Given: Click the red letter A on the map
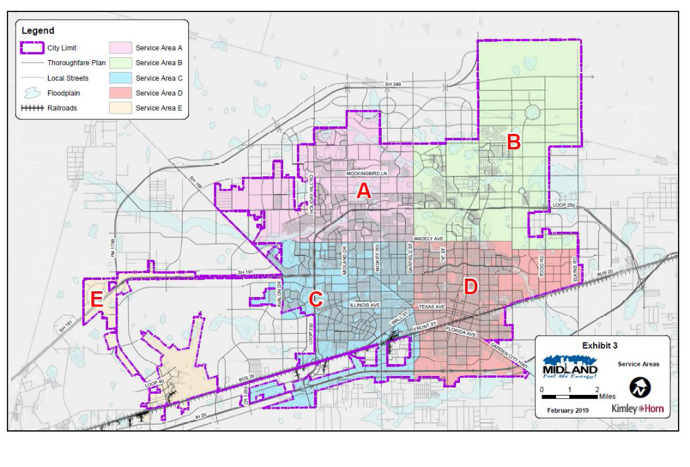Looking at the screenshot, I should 363,191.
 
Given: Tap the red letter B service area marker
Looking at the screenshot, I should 514,143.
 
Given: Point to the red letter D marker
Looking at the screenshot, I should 471,287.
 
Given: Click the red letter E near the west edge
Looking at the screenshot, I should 97,300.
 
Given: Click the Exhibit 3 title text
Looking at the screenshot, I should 598,346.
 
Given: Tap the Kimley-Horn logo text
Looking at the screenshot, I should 637,409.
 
